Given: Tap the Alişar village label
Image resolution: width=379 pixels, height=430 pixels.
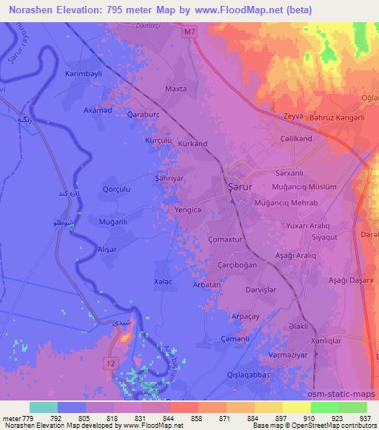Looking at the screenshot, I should click(107, 250).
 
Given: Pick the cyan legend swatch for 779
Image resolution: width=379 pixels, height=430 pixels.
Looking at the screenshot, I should click(44, 407).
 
